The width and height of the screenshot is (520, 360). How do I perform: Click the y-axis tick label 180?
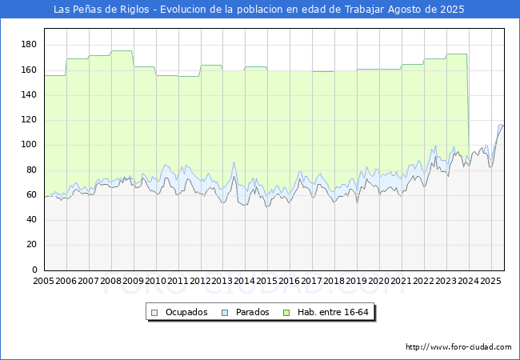[29, 45]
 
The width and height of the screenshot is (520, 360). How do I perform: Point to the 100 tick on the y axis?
[29, 145]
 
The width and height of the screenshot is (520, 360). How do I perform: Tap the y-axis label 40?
[31, 219]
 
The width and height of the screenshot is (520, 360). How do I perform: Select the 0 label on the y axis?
[35, 270]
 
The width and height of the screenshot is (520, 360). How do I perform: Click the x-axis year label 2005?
[43, 281]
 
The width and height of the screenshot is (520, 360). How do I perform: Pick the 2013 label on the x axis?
[222, 281]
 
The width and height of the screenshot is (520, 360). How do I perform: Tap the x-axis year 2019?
[357, 281]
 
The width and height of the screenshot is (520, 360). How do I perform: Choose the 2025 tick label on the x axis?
[490, 281]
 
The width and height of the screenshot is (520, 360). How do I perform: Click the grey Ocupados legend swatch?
[154, 313]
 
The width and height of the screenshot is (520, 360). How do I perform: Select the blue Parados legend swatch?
[225, 313]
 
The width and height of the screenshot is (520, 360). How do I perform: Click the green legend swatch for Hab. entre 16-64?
[286, 313]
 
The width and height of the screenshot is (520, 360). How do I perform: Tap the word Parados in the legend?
[252, 312]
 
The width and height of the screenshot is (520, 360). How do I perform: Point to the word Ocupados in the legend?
[186, 312]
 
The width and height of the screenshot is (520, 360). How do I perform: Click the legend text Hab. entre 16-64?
[333, 312]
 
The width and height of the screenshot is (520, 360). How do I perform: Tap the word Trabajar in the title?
[365, 10]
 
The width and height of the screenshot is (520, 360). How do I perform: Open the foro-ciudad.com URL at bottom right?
[458, 347]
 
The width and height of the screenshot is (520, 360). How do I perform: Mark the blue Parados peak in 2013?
[234, 162]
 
